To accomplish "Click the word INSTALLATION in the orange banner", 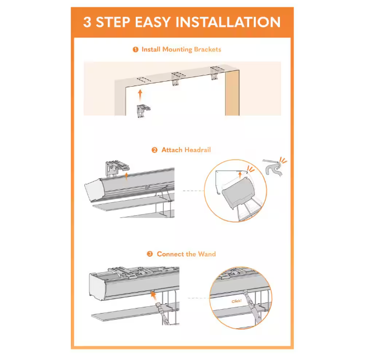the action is pyautogui.click(x=228, y=22).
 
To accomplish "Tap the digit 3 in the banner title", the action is pyautogui.click(x=87, y=22).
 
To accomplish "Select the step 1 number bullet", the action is pyautogui.click(x=135, y=50).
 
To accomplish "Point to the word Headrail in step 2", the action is pyautogui.click(x=198, y=150).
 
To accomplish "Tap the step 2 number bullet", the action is pyautogui.click(x=154, y=150).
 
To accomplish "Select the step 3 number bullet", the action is pyautogui.click(x=150, y=254).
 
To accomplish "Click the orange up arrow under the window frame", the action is pyautogui.click(x=140, y=95).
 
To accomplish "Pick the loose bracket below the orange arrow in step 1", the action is pyautogui.click(x=143, y=111).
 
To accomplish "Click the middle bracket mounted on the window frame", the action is pyautogui.click(x=177, y=79).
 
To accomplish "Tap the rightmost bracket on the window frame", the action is pyautogui.click(x=216, y=73).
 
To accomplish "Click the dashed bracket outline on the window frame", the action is pyautogui.click(x=144, y=79).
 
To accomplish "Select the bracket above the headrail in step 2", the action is pyautogui.click(x=116, y=168).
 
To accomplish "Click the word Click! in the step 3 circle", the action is pyautogui.click(x=236, y=301).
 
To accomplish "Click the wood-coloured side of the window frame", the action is pyautogui.click(x=232, y=93).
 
